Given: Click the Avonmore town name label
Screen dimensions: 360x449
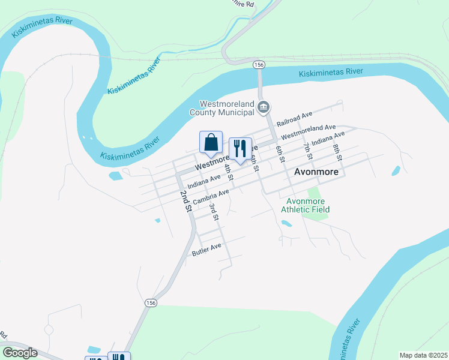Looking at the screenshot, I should (x=316, y=172).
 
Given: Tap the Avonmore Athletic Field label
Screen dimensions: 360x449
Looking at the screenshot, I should (x=308, y=205).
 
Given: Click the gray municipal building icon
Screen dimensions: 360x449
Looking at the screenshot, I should (x=264, y=107).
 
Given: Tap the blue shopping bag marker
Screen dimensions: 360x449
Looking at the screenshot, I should (x=211, y=143).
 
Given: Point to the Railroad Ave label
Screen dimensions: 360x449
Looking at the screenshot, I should (x=295, y=118).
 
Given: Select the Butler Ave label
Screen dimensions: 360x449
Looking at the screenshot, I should (x=206, y=250).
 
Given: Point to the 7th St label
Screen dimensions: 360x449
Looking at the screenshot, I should (x=308, y=151).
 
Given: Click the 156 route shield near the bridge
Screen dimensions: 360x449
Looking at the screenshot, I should (x=259, y=64).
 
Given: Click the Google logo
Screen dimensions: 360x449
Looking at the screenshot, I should (x=20, y=353).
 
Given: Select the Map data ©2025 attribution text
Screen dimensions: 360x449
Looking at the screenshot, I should (x=423, y=355).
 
